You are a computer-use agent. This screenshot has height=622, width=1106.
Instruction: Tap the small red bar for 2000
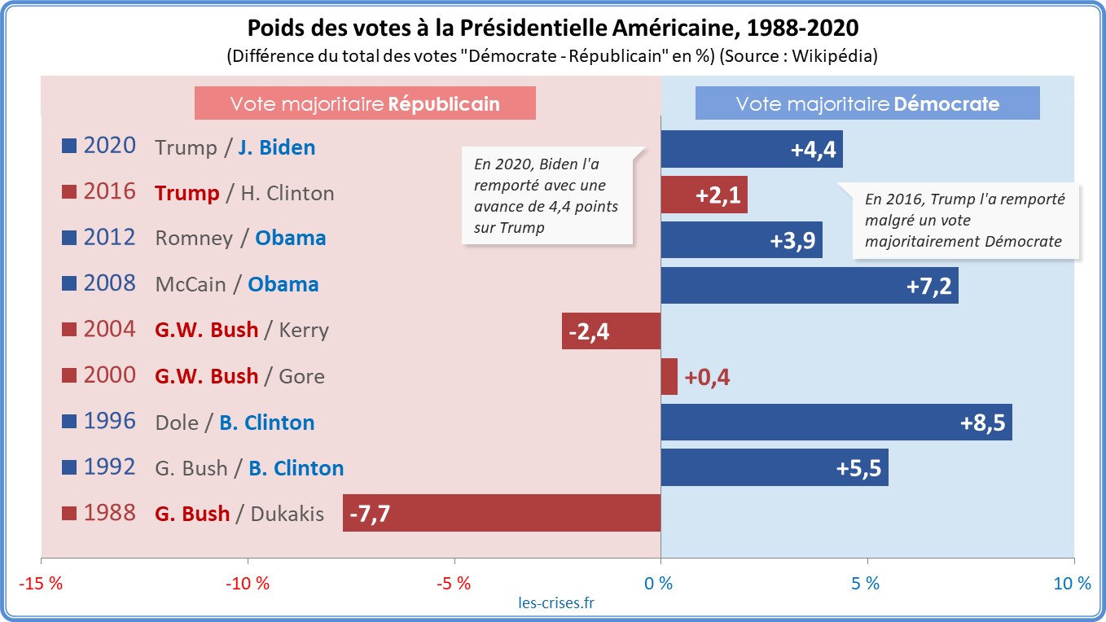669,376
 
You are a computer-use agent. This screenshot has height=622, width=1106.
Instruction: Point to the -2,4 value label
588,331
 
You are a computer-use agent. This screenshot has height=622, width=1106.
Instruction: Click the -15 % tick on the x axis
42,584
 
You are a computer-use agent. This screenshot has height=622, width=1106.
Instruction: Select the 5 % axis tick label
866,584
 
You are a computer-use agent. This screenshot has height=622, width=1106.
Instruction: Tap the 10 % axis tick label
1072,584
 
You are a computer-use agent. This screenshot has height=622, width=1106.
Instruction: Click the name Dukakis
287,514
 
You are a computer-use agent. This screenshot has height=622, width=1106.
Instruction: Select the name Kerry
304,331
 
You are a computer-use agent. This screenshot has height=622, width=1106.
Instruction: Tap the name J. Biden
276,147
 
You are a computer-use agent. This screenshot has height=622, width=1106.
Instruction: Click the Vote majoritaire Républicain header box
365,103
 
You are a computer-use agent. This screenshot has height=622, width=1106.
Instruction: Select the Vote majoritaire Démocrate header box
867,103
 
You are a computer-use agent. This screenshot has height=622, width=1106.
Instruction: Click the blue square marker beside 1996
69,423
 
